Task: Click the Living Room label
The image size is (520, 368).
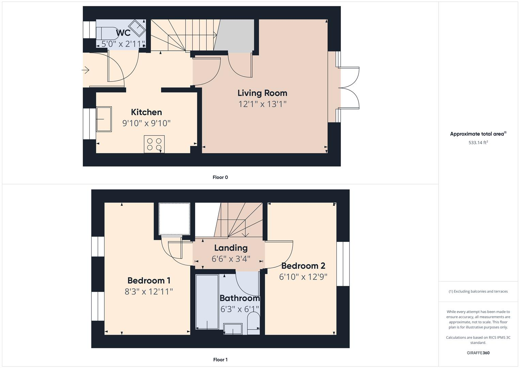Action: click(x=262, y=93)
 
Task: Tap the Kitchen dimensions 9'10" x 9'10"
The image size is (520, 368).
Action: click(x=146, y=123)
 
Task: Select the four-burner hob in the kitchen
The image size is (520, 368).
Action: click(x=154, y=144)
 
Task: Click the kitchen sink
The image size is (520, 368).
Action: click(x=104, y=119)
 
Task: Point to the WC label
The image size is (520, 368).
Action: click(x=123, y=33)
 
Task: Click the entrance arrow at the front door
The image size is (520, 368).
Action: click(x=85, y=70)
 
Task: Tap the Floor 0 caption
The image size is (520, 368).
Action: click(x=220, y=177)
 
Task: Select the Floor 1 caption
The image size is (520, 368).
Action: click(x=220, y=359)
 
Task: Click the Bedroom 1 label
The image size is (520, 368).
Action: click(x=149, y=280)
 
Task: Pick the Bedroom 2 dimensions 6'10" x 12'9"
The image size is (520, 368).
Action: click(x=303, y=277)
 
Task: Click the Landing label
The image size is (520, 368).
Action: click(x=231, y=248)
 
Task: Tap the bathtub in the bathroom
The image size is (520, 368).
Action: click(x=207, y=302)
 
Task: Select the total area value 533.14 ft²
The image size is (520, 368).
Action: click(x=478, y=143)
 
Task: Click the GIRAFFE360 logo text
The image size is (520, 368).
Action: click(x=478, y=353)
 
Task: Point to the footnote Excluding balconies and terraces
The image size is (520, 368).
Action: click(x=478, y=291)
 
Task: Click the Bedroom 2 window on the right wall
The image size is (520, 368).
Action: click(x=343, y=264)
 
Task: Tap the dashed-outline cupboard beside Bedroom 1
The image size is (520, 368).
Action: click(x=174, y=218)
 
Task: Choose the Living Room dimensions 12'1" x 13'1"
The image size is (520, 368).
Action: click(x=262, y=104)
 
